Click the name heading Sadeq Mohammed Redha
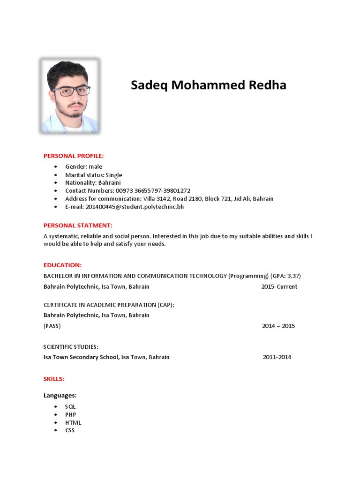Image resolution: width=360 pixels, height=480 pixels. point(208,85)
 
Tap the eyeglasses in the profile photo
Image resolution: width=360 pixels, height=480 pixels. point(71,90)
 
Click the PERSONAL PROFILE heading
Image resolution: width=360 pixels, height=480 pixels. point(74,156)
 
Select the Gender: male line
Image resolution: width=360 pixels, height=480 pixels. point(83,166)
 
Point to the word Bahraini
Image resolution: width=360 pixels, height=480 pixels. point(110,182)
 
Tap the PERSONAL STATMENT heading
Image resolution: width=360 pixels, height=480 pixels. point(78,225)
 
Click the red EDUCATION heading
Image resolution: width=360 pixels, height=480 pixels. point(63,265)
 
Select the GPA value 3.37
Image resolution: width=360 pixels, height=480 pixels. point(293,276)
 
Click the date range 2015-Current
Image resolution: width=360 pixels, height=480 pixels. point(279,286)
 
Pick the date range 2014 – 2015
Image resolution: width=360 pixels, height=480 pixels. point(278,326)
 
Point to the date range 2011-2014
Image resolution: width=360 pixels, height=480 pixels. point(277,357)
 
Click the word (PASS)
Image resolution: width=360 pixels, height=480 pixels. point(52,326)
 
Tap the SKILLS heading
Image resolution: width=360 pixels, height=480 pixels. point(54,379)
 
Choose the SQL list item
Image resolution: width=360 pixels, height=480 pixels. point(70,407)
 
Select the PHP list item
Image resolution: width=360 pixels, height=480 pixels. point(71,415)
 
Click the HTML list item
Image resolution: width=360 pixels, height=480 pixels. point(73,423)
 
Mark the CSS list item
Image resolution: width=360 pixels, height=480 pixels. point(70,430)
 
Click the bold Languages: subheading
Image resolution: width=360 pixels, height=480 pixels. point(60,396)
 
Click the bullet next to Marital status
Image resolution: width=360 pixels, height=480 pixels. point(56,175)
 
